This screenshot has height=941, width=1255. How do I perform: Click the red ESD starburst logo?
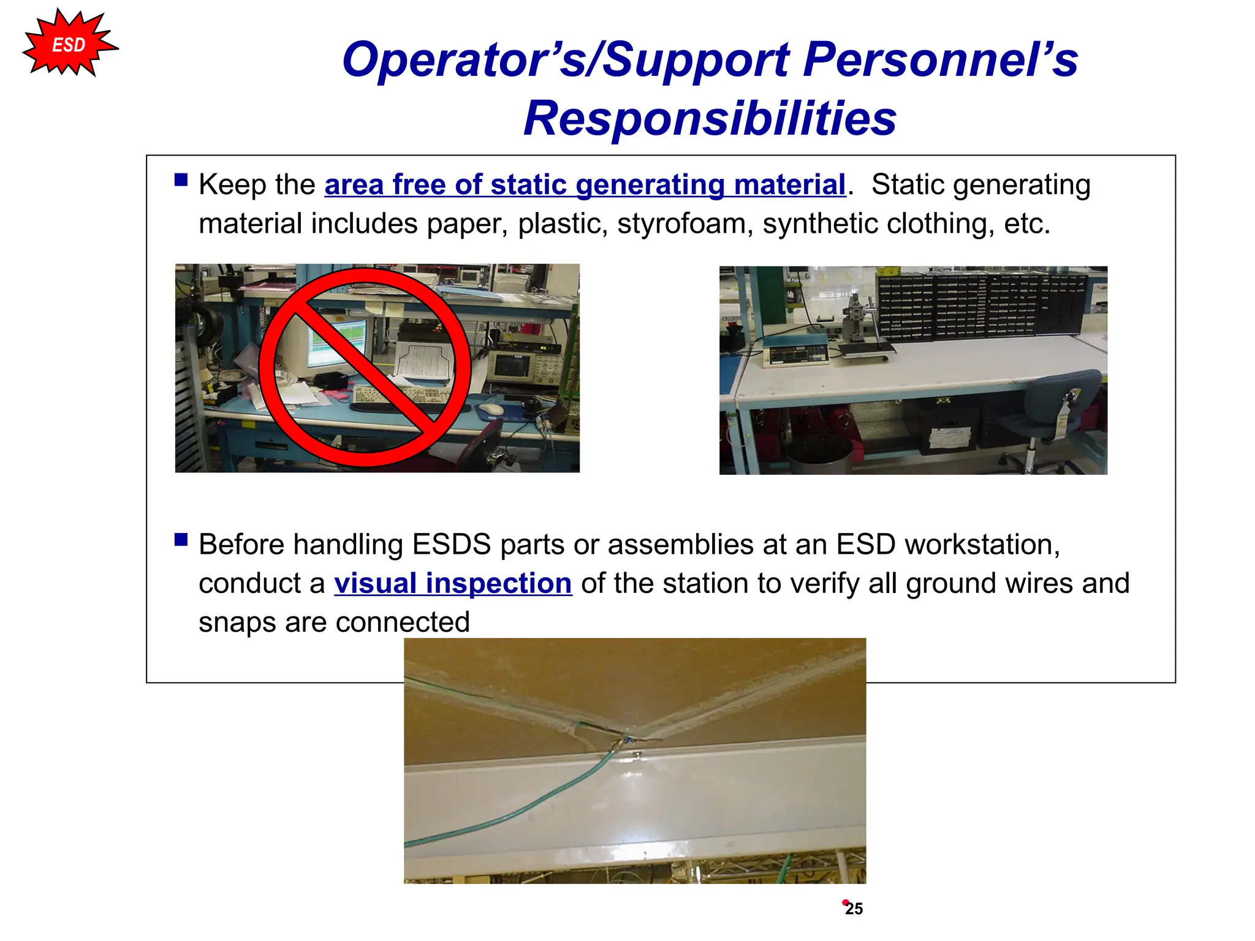point(69,44)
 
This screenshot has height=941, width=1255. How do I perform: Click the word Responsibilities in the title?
point(710,118)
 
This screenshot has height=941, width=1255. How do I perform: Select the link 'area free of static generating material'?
point(585,184)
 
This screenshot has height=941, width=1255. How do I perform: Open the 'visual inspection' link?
point(453,583)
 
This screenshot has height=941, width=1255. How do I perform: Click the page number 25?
point(854,909)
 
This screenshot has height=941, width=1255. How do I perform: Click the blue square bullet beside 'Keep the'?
point(181,180)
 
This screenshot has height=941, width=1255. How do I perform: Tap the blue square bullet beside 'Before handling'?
point(181,539)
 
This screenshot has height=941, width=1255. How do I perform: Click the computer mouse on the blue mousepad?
point(490,409)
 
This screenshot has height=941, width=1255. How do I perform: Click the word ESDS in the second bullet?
point(451,545)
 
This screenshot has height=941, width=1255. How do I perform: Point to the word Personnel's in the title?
point(940,59)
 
